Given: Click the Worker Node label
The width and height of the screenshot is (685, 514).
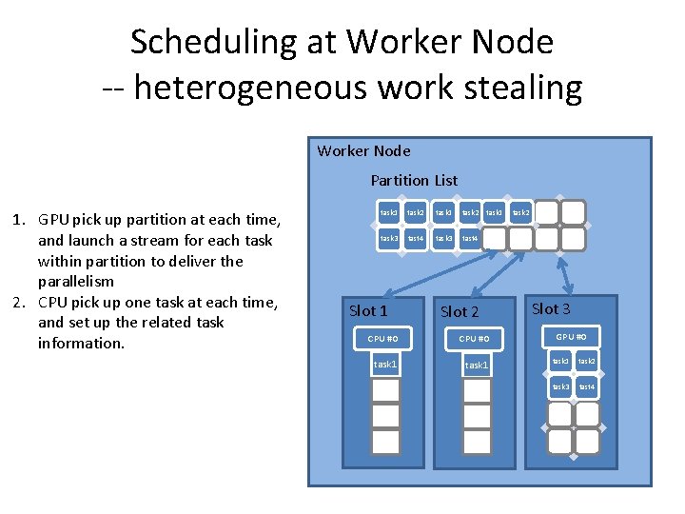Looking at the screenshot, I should pos(363,150).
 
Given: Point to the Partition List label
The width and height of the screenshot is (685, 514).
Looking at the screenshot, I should pos(414,180).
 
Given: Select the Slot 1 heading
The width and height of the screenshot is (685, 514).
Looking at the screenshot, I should pos(368,310).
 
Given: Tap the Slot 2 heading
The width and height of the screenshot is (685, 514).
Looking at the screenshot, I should pos(460,311).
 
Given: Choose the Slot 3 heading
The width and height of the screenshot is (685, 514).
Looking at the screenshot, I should pos(551,308).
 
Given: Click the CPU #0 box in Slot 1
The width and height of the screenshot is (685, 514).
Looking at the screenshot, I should pos(389,338).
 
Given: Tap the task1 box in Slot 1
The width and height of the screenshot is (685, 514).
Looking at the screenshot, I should pos(385,365).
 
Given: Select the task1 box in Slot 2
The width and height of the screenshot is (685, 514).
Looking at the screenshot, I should pos(476,366).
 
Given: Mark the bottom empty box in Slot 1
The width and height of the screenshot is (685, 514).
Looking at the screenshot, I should pos(385,441).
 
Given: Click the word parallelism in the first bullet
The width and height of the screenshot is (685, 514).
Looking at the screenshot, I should pos(75,282).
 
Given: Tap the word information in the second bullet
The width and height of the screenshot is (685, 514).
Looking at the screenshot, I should pos(81,343).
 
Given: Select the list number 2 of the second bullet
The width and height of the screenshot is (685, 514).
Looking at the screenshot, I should pos(16,303).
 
